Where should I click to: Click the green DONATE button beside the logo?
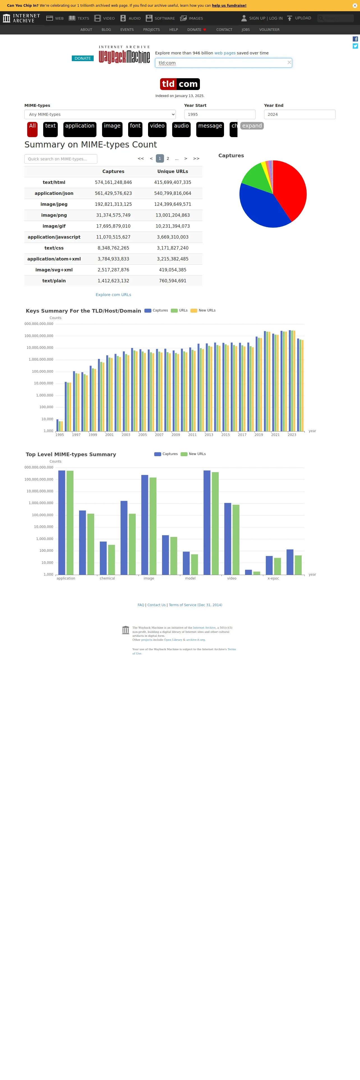pos(82,58)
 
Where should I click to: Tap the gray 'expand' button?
pos(252,126)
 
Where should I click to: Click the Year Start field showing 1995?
pos(220,114)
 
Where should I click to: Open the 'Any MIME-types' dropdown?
pos(100,114)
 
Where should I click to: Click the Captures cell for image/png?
pos(113,215)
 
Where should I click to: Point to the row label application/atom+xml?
pos(54,259)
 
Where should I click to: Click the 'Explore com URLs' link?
pos(113,295)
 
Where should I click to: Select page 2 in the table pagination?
pos(168,158)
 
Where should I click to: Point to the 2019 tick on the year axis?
pos(259,435)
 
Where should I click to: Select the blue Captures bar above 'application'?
pos(62,522)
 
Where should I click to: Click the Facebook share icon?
pos(355,39)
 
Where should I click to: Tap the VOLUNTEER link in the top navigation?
pos(269,30)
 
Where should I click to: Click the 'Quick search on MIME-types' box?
pos(61,159)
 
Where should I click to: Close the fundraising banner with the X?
pos(355,5)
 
